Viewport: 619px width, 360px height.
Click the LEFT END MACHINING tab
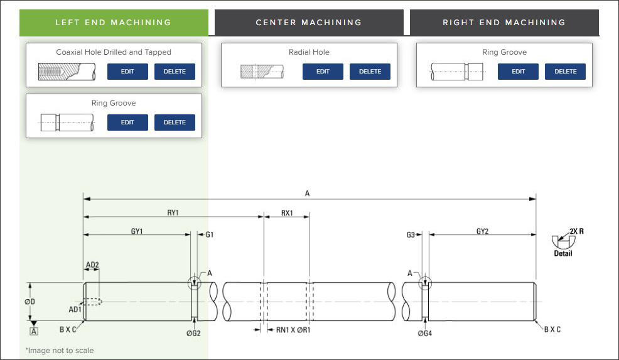point(113,23)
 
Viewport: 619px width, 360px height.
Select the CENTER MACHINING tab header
point(309,23)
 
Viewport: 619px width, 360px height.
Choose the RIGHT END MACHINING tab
point(504,23)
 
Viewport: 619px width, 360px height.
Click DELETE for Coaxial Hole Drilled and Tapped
point(175,72)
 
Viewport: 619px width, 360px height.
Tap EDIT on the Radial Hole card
point(323,72)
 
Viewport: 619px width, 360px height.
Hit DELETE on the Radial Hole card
point(370,72)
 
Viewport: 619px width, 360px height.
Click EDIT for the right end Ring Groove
point(518,72)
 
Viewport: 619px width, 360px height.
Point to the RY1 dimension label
point(173,213)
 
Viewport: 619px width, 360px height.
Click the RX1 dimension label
point(287,213)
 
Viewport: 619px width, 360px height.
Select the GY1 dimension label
point(137,231)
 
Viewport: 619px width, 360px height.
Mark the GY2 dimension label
point(482,231)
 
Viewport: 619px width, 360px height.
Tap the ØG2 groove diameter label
point(193,333)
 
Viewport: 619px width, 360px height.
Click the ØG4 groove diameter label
point(425,333)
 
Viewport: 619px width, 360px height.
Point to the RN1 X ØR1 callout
point(293,329)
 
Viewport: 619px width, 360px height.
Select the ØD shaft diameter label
point(30,302)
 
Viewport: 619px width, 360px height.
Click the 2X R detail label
point(576,231)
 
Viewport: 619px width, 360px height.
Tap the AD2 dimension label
point(92,265)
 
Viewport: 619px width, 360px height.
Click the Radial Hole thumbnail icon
point(262,72)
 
